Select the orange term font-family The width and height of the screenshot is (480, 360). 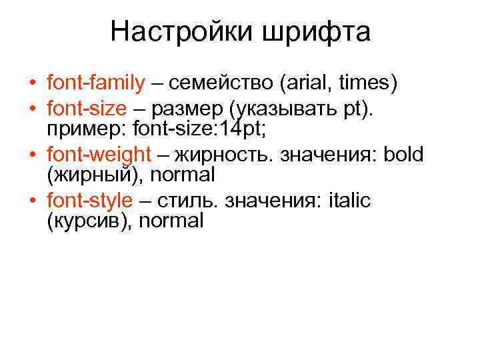96,83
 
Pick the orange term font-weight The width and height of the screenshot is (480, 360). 99,155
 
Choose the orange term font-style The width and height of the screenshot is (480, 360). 90,200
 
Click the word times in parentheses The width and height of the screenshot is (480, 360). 365,83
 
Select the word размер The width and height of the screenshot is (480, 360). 190,109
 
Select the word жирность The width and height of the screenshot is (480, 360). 226,155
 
